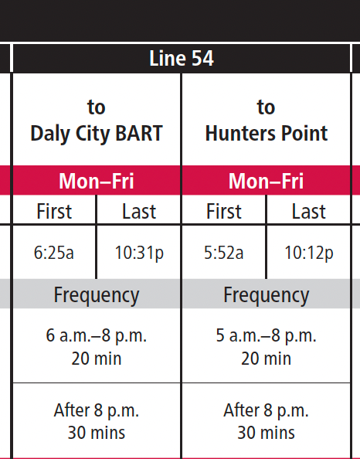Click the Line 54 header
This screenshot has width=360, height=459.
pyautogui.click(x=181, y=59)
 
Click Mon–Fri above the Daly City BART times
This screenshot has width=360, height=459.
pyautogui.click(x=97, y=182)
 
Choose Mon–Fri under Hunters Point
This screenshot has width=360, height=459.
pyautogui.click(x=267, y=182)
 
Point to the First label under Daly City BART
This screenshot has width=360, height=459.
pyautogui.click(x=54, y=211)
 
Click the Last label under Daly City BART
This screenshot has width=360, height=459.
pyautogui.click(x=139, y=211)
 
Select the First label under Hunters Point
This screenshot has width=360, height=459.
pyautogui.click(x=224, y=211)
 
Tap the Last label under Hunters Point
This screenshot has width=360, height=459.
pyautogui.click(x=309, y=211)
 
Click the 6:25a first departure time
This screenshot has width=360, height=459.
pyautogui.click(x=54, y=253)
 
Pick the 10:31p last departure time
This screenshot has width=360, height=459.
pyautogui.click(x=139, y=253)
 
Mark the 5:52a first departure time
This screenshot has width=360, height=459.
pyautogui.click(x=224, y=253)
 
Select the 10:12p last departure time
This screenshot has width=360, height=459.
pyautogui.click(x=309, y=253)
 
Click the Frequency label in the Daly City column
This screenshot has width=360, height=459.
pyautogui.click(x=97, y=294)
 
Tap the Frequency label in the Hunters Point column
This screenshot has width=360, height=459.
pyautogui.click(x=267, y=294)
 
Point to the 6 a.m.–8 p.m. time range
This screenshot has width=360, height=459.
pyautogui.click(x=97, y=336)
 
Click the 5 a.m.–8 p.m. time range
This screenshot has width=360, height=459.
pyautogui.click(x=267, y=336)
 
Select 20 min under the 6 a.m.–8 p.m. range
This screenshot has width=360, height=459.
pyautogui.click(x=97, y=358)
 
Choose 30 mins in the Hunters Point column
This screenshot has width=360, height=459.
pyautogui.click(x=267, y=432)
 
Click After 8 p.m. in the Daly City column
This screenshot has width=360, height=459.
pyautogui.click(x=97, y=410)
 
